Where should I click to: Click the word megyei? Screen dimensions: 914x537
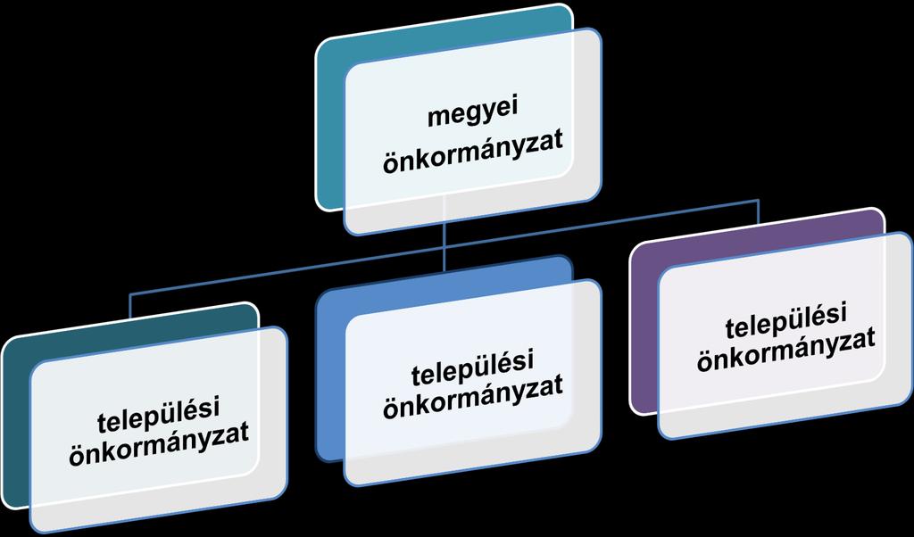pos(473,112)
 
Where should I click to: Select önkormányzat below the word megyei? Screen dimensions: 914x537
pos(473,152)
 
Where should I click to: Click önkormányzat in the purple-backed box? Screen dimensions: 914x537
pos(785,351)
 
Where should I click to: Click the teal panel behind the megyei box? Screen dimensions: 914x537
pos(330,122)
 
